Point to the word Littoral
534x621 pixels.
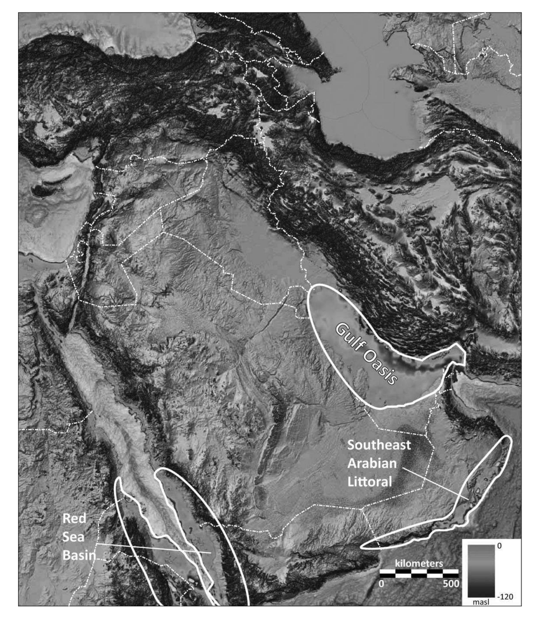click(369, 482)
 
